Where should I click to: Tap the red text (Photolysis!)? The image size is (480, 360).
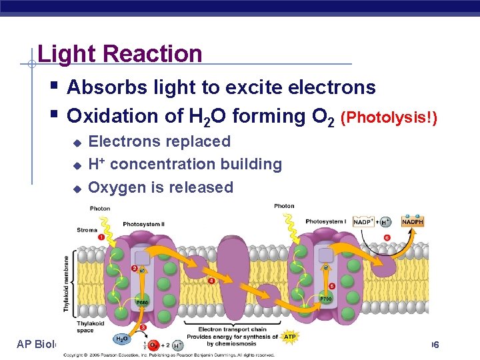(389, 118)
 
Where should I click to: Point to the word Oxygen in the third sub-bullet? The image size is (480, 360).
(118, 187)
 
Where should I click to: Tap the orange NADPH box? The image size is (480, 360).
(412, 222)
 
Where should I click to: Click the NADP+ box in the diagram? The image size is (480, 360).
(364, 222)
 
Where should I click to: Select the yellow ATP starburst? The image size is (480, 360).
(290, 337)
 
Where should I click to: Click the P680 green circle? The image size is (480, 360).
(143, 302)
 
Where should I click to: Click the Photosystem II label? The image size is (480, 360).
(143, 224)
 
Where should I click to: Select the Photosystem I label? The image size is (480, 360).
(326, 221)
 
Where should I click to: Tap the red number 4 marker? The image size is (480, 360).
(211, 281)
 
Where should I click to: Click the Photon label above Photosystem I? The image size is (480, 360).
(284, 206)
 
